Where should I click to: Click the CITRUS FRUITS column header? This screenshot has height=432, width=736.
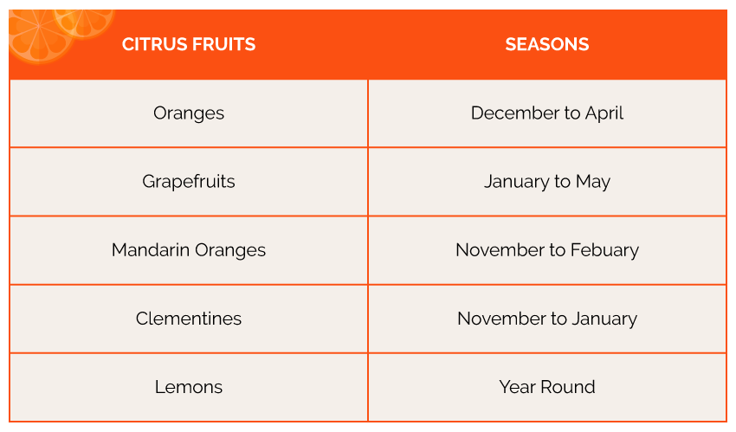189,44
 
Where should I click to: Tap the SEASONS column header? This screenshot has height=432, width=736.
547,44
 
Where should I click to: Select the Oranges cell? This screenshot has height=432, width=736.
189,113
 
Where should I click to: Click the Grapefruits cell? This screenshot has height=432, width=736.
189,182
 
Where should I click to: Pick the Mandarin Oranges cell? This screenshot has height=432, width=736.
189,250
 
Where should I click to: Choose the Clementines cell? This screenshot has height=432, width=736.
189,319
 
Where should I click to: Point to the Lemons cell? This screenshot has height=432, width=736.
189,387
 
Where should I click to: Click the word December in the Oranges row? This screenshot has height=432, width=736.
515,113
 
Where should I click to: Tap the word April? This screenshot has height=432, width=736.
604,113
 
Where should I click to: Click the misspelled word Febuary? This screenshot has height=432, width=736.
604,250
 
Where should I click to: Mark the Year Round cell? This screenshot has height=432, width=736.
547,387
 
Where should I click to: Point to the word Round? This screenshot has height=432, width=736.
568,387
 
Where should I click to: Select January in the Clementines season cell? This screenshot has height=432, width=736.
604,319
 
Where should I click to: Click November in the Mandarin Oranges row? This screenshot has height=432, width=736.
500,250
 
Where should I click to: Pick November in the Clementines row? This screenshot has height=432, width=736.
502,319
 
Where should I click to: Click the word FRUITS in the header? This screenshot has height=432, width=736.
224,44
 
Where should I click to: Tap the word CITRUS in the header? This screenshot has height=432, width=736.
155,44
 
